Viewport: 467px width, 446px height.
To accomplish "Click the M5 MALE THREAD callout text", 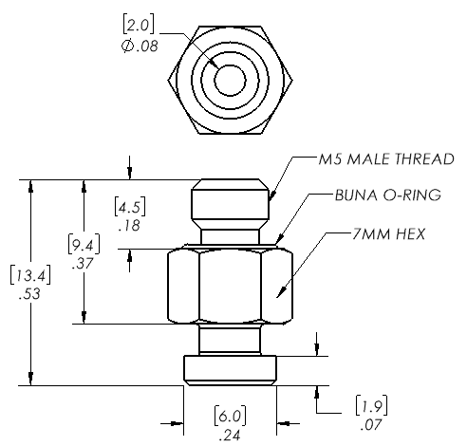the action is click(386, 158).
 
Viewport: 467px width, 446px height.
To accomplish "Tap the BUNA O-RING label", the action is click(388, 195).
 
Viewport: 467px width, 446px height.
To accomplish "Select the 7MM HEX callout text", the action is click(388, 234).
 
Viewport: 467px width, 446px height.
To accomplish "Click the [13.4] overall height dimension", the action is click(30, 275).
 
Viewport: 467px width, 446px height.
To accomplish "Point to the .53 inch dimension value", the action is click(29, 294).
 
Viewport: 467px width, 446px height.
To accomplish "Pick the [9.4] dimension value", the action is click(84, 245).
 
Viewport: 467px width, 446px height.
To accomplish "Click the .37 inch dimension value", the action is click(83, 264).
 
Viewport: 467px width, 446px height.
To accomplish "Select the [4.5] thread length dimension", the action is click(130, 208).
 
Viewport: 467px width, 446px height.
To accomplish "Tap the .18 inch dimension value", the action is click(129, 226).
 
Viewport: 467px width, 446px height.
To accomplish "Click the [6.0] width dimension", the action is click(230, 416).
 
